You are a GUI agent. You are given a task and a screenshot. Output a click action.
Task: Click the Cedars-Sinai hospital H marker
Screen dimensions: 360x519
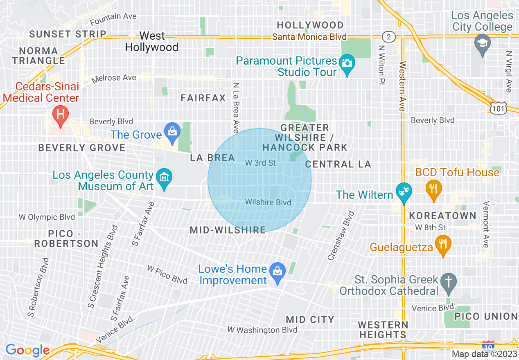(61, 113)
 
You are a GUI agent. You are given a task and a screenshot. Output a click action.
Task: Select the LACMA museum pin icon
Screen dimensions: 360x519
(164, 178)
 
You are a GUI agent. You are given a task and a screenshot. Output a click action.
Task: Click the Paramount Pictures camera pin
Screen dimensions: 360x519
(347, 63)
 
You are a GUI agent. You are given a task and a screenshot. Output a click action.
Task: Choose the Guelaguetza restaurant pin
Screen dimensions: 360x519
(443, 244)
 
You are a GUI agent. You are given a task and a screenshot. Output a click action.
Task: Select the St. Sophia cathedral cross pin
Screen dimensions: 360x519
(449, 283)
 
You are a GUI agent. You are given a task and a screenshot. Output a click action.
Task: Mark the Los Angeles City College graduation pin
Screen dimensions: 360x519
(482, 43)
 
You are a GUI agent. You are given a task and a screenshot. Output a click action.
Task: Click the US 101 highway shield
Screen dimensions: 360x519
(499, 107)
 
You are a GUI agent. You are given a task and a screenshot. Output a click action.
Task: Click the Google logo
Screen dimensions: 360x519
(27, 350)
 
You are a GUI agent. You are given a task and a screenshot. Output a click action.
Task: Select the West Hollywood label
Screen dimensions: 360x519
(151, 42)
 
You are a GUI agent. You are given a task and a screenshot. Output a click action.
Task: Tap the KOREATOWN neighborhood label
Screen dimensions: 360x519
(442, 216)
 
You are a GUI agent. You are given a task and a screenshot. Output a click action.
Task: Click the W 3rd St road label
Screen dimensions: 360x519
(260, 163)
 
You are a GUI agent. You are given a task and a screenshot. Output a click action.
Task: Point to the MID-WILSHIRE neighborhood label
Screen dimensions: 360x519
(228, 230)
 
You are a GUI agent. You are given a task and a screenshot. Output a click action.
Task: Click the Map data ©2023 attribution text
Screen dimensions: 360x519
(483, 354)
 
